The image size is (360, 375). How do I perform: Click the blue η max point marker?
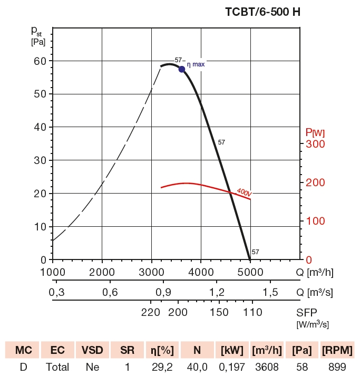182,69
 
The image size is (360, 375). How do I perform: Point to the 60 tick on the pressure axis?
40,61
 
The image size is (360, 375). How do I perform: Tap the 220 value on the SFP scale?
151,312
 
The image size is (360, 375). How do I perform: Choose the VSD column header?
92,350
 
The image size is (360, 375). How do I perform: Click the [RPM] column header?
337,350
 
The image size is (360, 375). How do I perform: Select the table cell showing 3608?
267,367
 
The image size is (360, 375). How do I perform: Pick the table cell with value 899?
337,367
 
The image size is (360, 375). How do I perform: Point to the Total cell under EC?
57,367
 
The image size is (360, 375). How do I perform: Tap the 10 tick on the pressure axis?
40,227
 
